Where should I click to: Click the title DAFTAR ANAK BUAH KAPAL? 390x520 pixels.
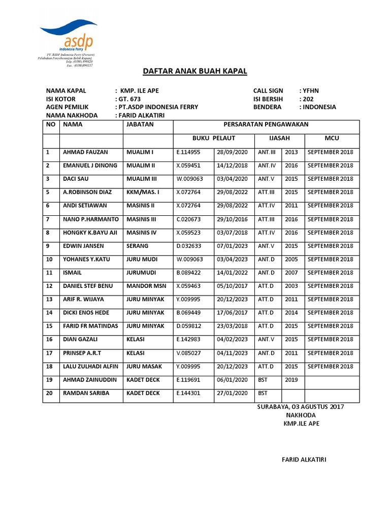click(x=195, y=72)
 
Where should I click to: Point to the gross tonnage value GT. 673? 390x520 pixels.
click(x=128, y=99)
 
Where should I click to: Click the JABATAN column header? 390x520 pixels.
click(x=140, y=124)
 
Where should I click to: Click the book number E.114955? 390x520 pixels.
click(x=188, y=152)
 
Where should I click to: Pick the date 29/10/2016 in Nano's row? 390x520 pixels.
click(x=232, y=219)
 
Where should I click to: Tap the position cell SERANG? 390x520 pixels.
click(x=138, y=246)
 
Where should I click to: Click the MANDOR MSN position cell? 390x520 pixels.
click(x=145, y=286)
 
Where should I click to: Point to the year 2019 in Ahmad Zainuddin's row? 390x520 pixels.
click(x=291, y=379)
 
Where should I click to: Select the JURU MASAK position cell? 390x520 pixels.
click(x=145, y=366)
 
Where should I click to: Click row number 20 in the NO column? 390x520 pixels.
click(x=49, y=393)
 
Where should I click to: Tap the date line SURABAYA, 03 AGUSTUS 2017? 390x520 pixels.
click(x=301, y=407)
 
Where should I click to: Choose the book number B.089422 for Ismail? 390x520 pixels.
click(x=188, y=273)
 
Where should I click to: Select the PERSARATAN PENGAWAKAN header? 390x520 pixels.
click(x=266, y=124)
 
